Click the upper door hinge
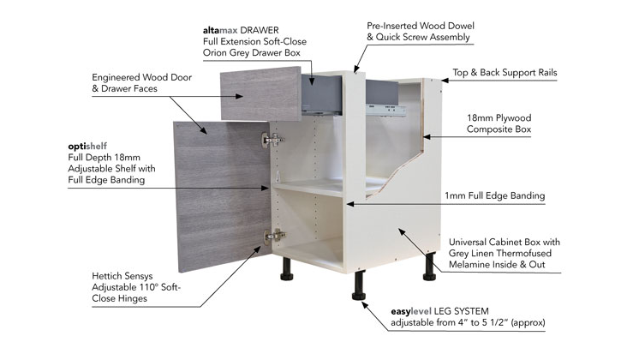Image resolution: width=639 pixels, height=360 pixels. (x=272, y=140)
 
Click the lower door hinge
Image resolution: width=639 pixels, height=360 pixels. (x=275, y=236)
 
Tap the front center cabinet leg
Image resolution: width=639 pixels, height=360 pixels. (x=359, y=285)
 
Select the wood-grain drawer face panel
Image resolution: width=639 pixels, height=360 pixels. (x=260, y=93)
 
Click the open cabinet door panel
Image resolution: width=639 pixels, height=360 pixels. (x=222, y=195)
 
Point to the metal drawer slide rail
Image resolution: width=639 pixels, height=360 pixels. (x=386, y=110)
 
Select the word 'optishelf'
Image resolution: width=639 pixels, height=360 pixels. (x=87, y=147)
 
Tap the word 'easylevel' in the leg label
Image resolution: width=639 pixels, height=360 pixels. (x=411, y=312)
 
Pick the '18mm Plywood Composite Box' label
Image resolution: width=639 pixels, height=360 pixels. (x=499, y=123)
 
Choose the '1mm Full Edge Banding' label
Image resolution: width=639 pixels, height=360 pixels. (x=495, y=195)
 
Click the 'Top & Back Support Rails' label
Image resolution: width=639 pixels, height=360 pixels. (x=505, y=73)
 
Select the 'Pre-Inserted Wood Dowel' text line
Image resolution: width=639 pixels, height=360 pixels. (x=421, y=26)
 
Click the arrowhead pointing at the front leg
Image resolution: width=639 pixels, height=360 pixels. (x=365, y=306)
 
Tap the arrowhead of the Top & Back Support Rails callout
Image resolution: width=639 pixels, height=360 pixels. (x=445, y=81)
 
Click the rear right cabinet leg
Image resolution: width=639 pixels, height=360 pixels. (x=429, y=267)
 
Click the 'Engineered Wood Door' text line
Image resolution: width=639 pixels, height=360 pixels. (x=142, y=77)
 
